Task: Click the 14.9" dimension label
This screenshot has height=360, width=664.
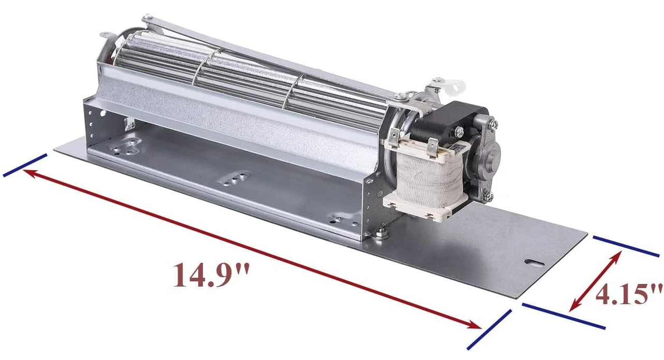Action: (211, 275)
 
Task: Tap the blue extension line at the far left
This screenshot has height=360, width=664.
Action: (25, 165)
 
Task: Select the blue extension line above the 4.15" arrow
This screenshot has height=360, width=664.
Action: (626, 246)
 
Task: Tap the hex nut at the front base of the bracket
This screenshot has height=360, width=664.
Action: (380, 233)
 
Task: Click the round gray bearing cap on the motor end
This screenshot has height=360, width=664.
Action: (489, 152)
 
